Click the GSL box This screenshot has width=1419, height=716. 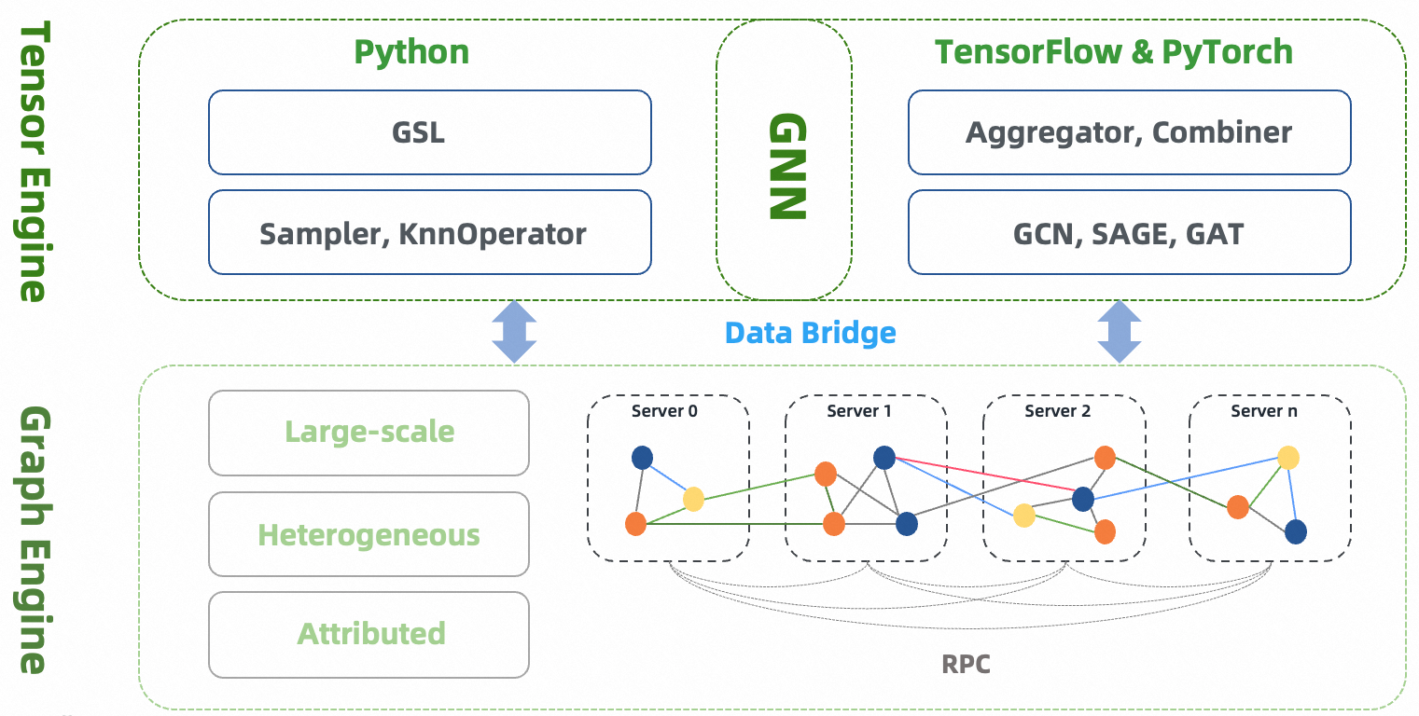429,132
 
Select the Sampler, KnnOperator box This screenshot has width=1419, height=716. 429,232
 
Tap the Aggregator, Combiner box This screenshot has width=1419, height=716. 1129,132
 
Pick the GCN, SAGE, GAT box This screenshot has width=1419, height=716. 1129,232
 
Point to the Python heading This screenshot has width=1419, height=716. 411,52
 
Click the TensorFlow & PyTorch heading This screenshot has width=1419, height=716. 1114,52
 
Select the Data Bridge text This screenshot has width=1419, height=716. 810,333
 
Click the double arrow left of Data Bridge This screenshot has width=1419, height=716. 514,332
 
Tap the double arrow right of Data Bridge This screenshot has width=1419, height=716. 1119,332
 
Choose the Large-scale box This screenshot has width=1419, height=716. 369,433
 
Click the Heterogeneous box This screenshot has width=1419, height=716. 369,535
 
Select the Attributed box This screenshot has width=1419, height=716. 369,634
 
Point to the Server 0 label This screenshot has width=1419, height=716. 664,410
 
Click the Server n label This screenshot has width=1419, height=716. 1263,410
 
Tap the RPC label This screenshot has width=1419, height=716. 966,664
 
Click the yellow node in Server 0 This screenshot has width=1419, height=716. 693,499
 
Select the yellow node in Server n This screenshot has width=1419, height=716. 1288,457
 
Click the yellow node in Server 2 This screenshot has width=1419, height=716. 1024,516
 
